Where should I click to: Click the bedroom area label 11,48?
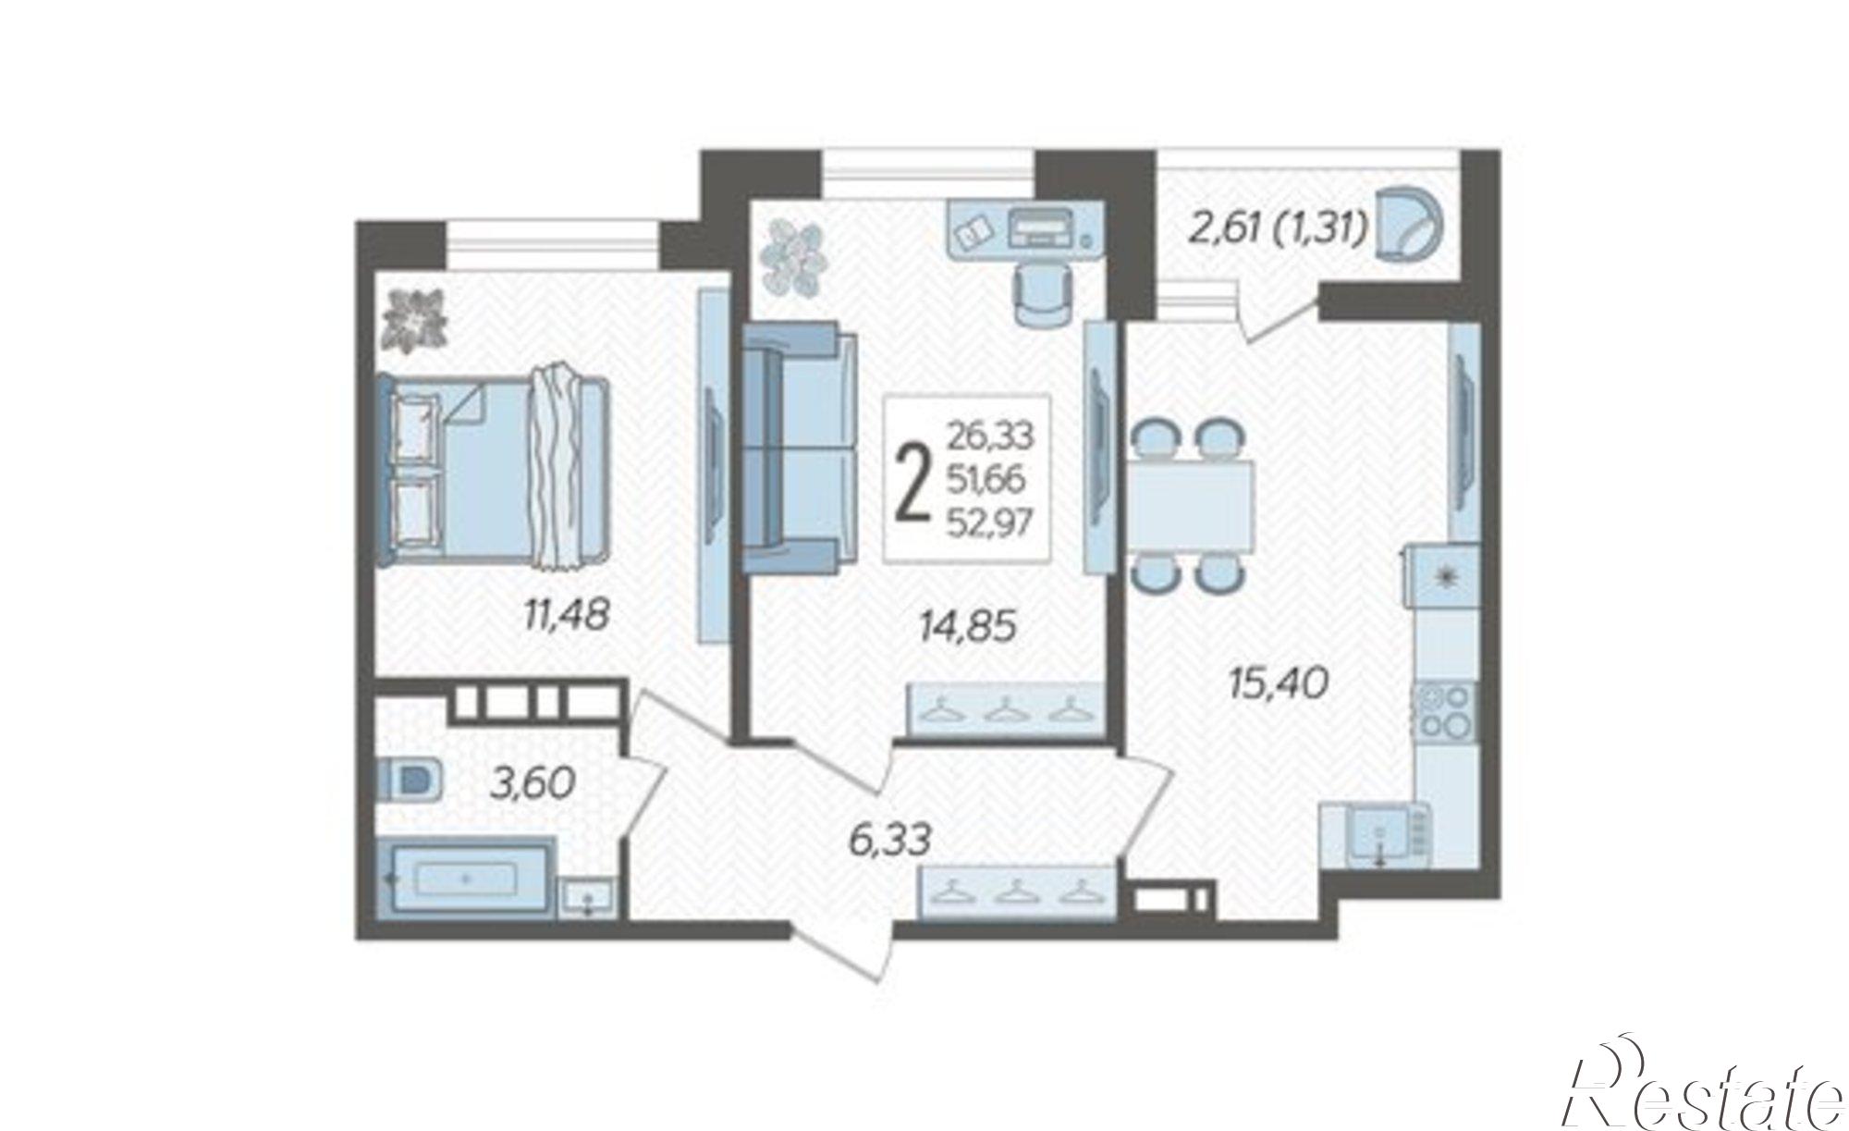tap(566, 614)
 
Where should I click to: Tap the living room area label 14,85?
tap(968, 626)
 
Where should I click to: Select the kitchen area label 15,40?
tap(1279, 683)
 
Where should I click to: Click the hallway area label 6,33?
tap(888, 841)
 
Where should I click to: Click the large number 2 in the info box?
tap(913, 478)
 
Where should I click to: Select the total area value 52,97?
tap(989, 524)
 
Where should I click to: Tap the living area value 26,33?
tap(990, 434)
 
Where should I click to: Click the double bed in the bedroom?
tap(494, 469)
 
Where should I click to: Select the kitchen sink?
tap(1378, 835)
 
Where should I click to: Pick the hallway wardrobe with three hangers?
tap(1015, 891)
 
